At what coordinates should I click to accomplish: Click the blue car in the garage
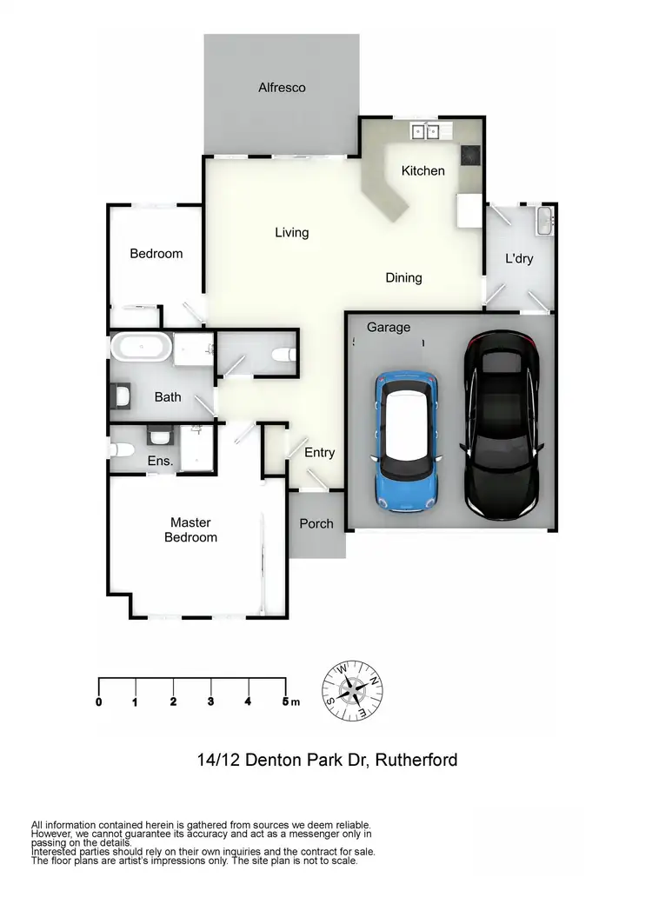[x=407, y=441]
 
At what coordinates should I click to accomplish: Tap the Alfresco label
[x=282, y=88]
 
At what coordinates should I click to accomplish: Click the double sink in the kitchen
[x=425, y=131]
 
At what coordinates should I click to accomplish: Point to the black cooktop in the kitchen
[x=470, y=154]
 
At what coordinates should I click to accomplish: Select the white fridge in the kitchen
[x=469, y=210]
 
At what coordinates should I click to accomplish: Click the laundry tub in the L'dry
[x=544, y=221]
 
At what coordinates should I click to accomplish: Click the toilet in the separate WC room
[x=283, y=355]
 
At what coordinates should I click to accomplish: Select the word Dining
[x=403, y=278]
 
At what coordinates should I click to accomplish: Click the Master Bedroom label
[x=190, y=530]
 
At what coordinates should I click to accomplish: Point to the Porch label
[x=316, y=524]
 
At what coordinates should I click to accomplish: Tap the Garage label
[x=388, y=328]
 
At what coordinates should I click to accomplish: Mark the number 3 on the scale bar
[x=211, y=701]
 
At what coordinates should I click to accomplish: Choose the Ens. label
[x=159, y=462]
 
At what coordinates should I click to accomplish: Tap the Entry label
[x=319, y=453]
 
